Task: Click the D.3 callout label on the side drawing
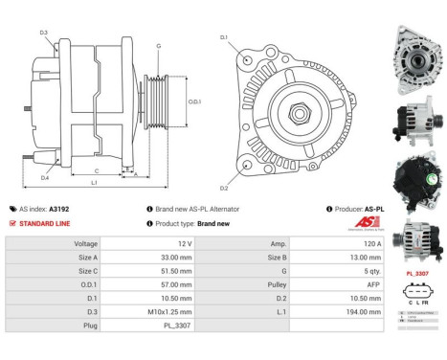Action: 44,34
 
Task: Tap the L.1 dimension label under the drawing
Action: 93,181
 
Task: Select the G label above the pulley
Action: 159,45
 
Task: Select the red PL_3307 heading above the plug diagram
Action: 416,275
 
